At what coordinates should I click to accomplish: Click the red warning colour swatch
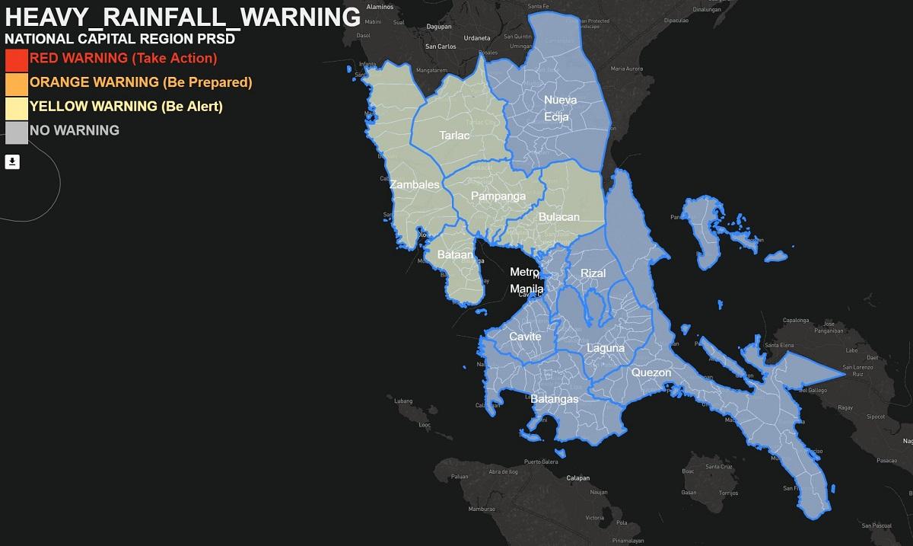pyautogui.click(x=16, y=59)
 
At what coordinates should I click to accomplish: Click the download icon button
pyautogui.click(x=12, y=161)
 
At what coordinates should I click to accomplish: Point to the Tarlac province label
pyautogui.click(x=454, y=136)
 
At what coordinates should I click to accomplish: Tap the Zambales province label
pyautogui.click(x=414, y=185)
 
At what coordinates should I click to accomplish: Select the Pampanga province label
pyautogui.click(x=498, y=196)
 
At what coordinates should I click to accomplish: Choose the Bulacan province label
pyautogui.click(x=558, y=217)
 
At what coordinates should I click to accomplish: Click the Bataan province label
pyautogui.click(x=456, y=255)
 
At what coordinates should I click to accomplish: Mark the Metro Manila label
pyautogui.click(x=526, y=280)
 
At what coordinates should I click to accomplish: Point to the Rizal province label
pyautogui.click(x=593, y=273)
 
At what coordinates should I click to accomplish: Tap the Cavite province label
pyautogui.click(x=525, y=337)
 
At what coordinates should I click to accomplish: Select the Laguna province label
pyautogui.click(x=605, y=348)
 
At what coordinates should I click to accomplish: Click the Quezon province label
pyautogui.click(x=651, y=372)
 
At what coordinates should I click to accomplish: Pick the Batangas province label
pyautogui.click(x=555, y=399)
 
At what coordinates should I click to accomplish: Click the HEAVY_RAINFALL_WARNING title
pyautogui.click(x=183, y=17)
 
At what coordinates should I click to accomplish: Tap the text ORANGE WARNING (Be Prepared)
pyautogui.click(x=141, y=82)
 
